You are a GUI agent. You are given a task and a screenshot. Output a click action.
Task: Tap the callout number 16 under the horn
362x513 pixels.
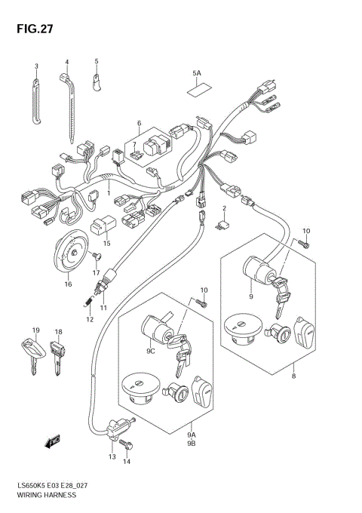pyautogui.click(x=68, y=284)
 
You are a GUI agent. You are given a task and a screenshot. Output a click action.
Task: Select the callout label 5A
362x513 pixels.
pyautogui.click(x=197, y=73)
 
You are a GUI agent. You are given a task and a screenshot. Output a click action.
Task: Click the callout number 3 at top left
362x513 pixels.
pyautogui.click(x=35, y=65)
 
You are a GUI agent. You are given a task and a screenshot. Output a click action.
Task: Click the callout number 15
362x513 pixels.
pyautogui.click(x=106, y=244)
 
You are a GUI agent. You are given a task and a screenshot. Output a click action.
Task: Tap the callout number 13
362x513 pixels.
pyautogui.click(x=112, y=457)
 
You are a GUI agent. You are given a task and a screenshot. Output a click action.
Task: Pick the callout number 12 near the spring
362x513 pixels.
pyautogui.click(x=89, y=319)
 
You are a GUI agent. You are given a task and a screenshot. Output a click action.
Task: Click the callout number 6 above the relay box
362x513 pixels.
pyautogui.click(x=139, y=123)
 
